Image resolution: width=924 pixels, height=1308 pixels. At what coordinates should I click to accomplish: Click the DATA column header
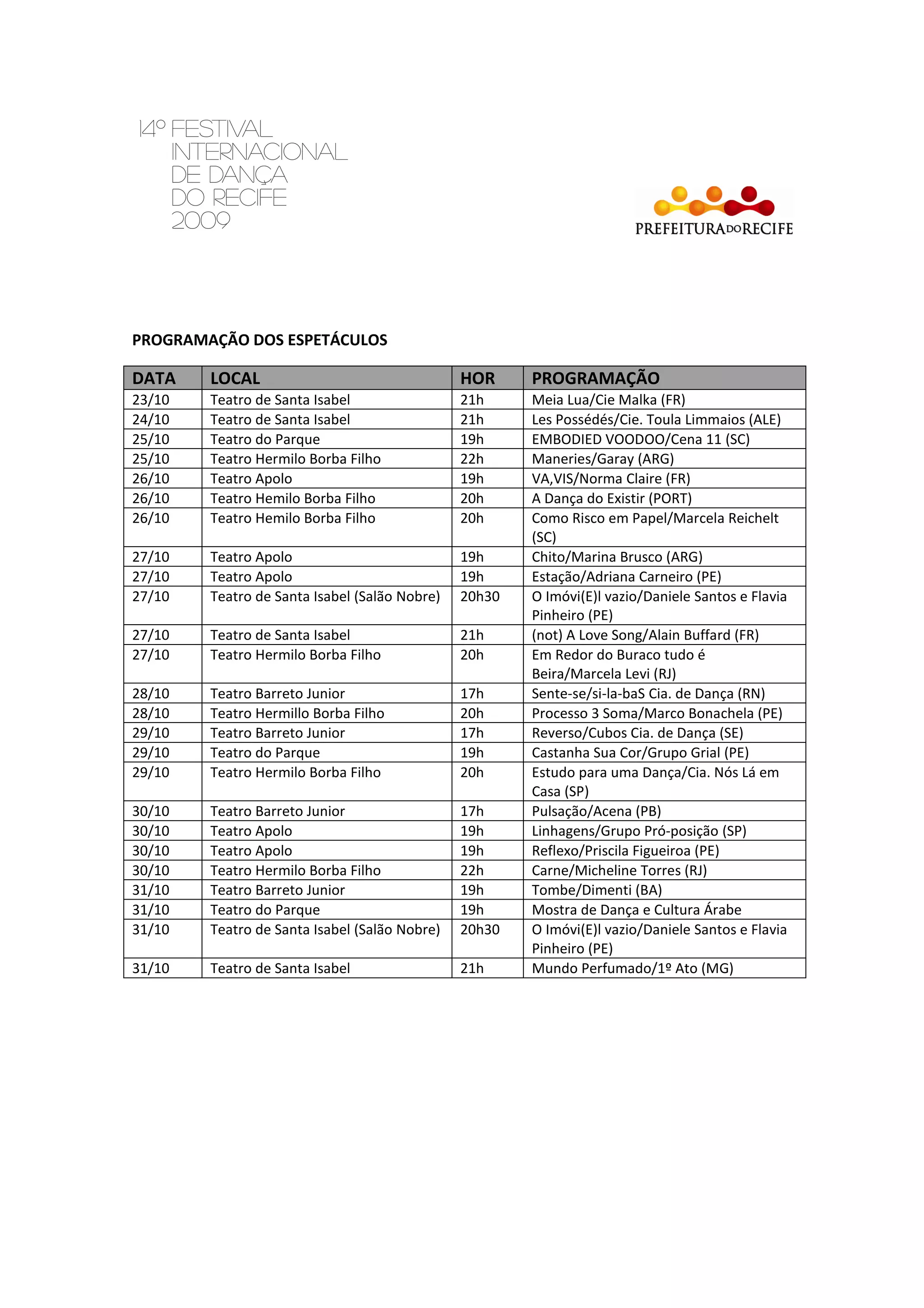coord(154,378)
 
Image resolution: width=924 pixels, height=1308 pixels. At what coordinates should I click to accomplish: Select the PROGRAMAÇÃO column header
coord(595,378)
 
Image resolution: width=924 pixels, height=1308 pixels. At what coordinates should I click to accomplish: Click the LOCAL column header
coord(235,378)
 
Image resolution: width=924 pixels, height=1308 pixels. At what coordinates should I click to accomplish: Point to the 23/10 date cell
coord(151,400)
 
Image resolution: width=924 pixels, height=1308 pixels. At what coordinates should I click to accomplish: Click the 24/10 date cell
coord(151,420)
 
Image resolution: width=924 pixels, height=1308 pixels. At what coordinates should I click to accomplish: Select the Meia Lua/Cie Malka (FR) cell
coord(608,400)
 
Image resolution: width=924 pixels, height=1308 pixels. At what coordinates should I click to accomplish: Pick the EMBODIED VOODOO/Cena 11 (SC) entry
coord(641,439)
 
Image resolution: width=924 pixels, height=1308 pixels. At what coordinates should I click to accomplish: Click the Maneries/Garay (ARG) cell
coord(602,459)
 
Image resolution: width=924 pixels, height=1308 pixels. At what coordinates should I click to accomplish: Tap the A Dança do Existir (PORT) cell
coord(611,498)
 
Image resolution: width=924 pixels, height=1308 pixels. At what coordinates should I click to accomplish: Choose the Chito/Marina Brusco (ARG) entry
coord(617,557)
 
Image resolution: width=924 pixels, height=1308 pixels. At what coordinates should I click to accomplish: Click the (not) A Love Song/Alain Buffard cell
coord(645,635)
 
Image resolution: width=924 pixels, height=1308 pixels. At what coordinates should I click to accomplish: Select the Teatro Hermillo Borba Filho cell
coord(297,713)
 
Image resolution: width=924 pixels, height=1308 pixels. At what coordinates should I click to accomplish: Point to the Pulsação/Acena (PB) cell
coord(596,811)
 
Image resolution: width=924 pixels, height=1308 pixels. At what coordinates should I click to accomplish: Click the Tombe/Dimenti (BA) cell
coord(596,890)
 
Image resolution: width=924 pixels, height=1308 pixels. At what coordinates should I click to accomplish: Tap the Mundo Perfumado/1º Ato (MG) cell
coord(632,969)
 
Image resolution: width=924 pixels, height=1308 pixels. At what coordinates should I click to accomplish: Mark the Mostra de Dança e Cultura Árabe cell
coord(636,910)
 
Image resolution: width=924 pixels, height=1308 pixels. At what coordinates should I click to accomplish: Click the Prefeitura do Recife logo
coord(714,211)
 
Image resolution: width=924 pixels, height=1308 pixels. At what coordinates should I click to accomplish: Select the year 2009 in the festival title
coord(201,220)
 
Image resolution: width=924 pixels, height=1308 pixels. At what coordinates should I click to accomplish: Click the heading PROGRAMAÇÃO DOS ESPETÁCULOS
coord(259,340)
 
